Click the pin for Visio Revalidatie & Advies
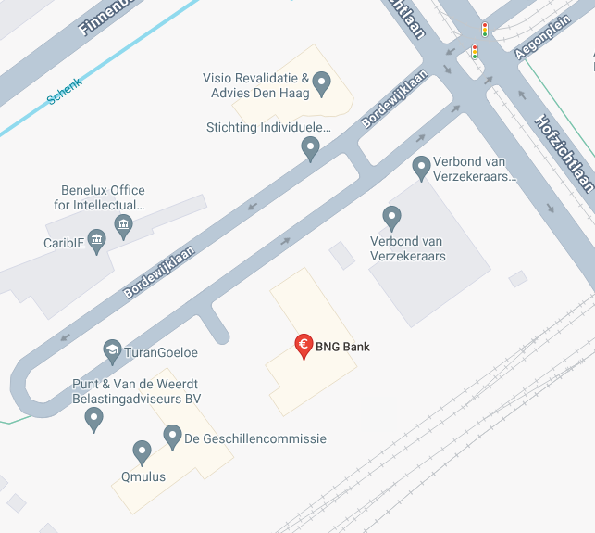(322, 82)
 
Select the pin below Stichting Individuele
(311, 146)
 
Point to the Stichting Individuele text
(268, 127)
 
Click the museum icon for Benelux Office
(122, 224)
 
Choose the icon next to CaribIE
(96, 239)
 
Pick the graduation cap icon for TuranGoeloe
(112, 351)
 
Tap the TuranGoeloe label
(162, 352)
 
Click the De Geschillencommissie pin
(172, 436)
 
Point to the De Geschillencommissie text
(255, 438)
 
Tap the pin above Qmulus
(142, 451)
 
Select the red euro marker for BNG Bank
(303, 346)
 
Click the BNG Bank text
(342, 348)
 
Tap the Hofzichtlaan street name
(564, 153)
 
